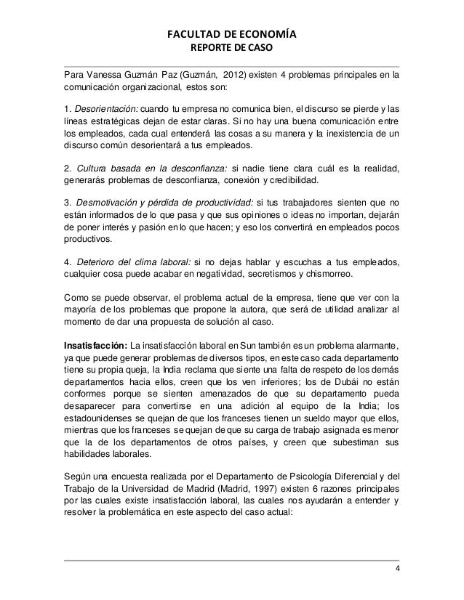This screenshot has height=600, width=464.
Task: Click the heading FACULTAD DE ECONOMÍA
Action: tap(232, 33)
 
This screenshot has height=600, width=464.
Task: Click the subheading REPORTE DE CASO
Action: tap(232, 49)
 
